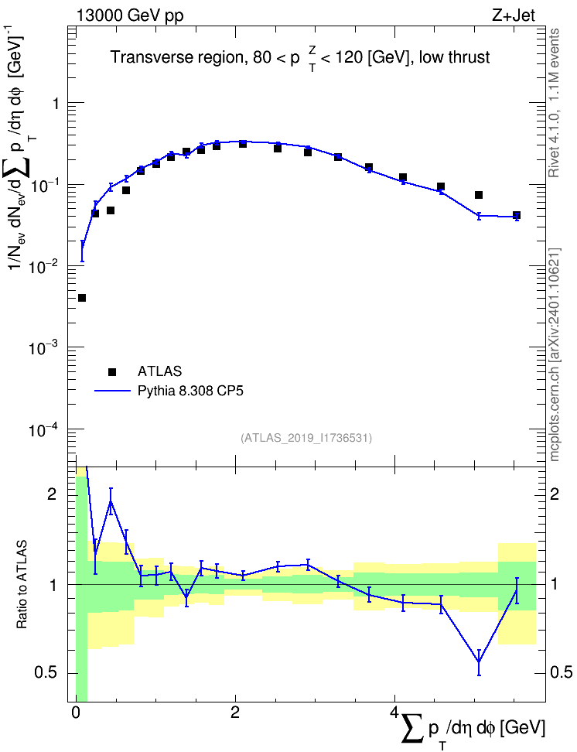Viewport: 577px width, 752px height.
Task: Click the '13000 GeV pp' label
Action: click(x=130, y=15)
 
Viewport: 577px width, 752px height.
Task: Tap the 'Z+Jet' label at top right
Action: click(x=514, y=15)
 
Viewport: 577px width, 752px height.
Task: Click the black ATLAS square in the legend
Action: click(x=112, y=371)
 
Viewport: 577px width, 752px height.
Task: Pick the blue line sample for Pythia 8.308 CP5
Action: click(x=113, y=391)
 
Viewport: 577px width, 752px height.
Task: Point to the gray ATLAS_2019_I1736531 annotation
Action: click(x=306, y=437)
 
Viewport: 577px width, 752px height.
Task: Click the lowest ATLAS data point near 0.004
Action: click(x=81, y=298)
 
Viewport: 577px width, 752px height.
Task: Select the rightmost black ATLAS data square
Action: click(x=517, y=215)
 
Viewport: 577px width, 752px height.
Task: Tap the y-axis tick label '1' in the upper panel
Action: click(x=56, y=103)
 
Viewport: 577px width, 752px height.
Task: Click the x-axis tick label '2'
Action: click(x=235, y=713)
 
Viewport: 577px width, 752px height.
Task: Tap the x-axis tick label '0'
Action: click(x=76, y=713)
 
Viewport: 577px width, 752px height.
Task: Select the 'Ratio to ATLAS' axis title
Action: click(x=22, y=584)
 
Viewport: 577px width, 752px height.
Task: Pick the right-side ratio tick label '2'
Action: click(x=555, y=494)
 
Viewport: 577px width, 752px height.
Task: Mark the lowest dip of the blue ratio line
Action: click(x=479, y=661)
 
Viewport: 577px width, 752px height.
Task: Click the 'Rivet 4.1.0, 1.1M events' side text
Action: click(x=554, y=103)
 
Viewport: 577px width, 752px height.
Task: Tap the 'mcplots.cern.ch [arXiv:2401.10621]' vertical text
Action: click(x=554, y=354)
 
